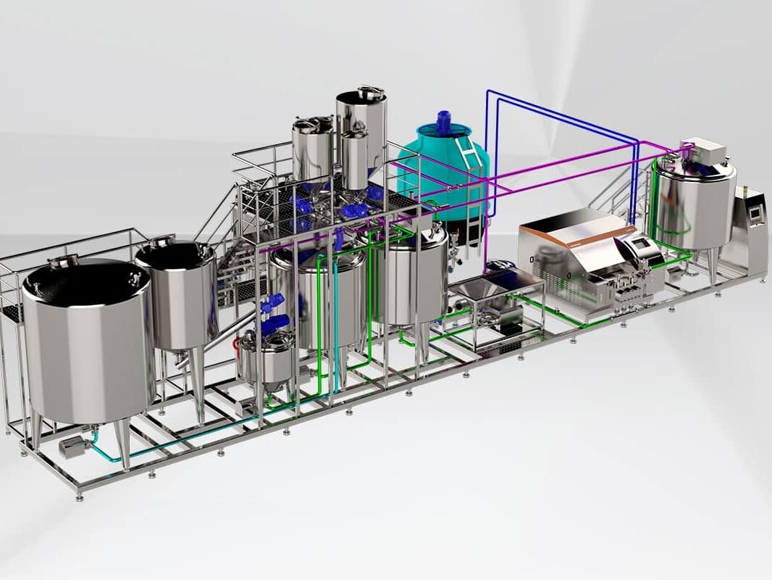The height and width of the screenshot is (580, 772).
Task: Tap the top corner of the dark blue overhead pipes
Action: click(489, 92)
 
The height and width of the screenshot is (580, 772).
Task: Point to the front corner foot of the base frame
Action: click(79, 495)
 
